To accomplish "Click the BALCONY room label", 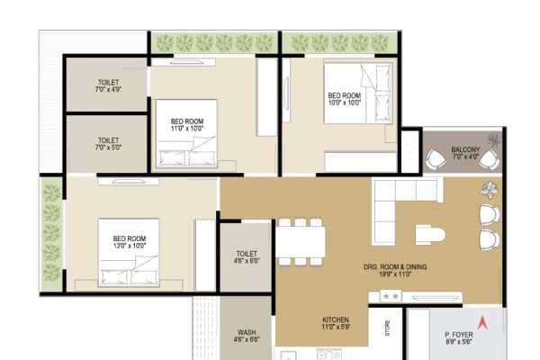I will [465, 153].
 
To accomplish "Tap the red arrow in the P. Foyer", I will [481, 323].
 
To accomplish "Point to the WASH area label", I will [246, 335].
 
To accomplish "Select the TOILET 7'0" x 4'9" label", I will [108, 85].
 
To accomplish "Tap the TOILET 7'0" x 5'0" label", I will [108, 144].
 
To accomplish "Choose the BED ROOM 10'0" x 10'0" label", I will [344, 99].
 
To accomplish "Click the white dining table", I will [301, 241].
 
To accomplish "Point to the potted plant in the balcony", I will [493, 141].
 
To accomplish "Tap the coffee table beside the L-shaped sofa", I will [428, 235].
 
